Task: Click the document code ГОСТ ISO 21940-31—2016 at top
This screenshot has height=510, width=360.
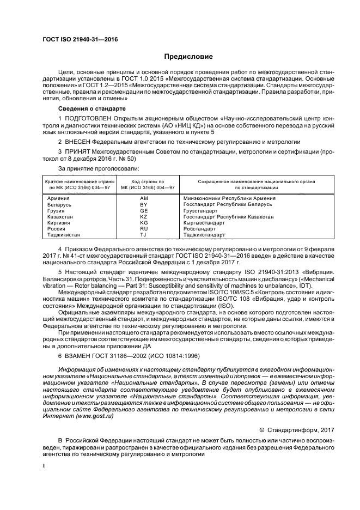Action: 80,40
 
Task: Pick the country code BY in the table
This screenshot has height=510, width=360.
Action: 144,204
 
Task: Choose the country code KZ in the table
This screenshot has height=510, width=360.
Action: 144,217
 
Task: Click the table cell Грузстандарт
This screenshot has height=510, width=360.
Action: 201,210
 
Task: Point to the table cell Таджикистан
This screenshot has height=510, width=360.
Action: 64,235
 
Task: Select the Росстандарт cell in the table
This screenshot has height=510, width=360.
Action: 200,229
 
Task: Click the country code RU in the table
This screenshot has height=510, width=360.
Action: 144,229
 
